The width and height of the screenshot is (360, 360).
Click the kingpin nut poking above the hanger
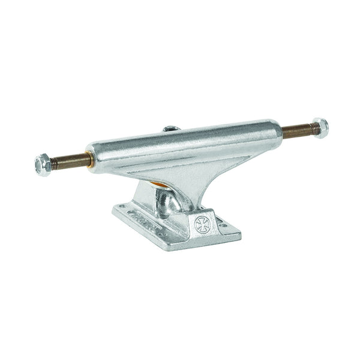(170, 128)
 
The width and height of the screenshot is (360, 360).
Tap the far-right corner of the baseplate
(239, 230)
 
